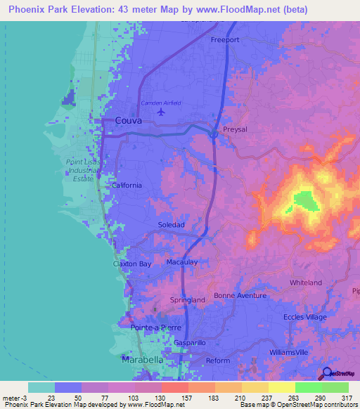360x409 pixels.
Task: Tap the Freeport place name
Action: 226,40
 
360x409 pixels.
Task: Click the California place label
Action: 127,186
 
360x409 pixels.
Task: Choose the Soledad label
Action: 171,225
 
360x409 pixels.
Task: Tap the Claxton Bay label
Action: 132,264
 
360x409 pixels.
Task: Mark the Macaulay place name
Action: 181,262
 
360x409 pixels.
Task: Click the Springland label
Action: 188,300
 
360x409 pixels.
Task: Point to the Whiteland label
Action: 305,283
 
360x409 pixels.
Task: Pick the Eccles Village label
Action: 305,317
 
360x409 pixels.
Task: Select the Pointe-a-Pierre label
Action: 155,327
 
